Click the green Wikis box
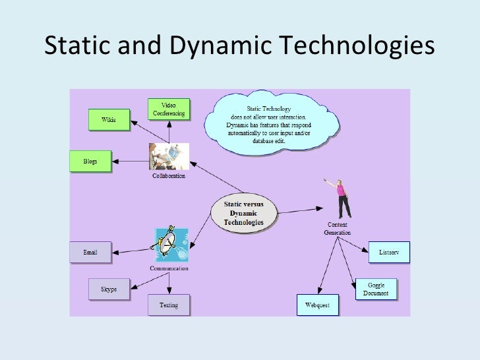109,120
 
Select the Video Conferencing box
169,109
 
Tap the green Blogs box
90,162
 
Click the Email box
90,252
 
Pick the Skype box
109,289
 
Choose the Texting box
169,305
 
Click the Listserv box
389,252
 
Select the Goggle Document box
376,289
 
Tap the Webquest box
317,305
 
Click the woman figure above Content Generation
342,198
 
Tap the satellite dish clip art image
170,245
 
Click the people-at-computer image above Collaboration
169,157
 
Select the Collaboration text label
169,176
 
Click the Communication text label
169,268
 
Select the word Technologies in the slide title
356,46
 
